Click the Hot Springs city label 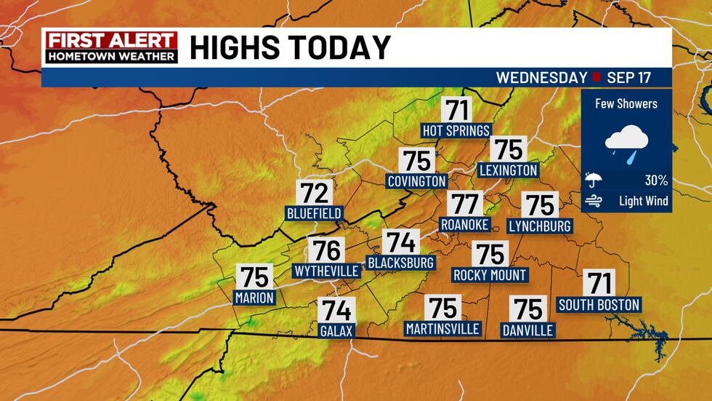click(x=457, y=130)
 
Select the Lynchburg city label click(x=540, y=226)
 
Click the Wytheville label click(x=326, y=271)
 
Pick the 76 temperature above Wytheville click(x=326, y=250)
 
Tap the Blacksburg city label click(x=400, y=262)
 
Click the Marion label click(x=254, y=297)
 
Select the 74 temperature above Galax click(x=336, y=311)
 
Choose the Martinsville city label click(x=442, y=329)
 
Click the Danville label click(x=528, y=330)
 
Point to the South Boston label click(x=599, y=304)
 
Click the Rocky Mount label click(x=490, y=275)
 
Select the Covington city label click(x=416, y=180)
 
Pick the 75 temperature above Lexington click(x=509, y=149)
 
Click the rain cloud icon click(x=626, y=142)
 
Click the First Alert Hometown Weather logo click(x=110, y=47)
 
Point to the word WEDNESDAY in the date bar click(x=541, y=77)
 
